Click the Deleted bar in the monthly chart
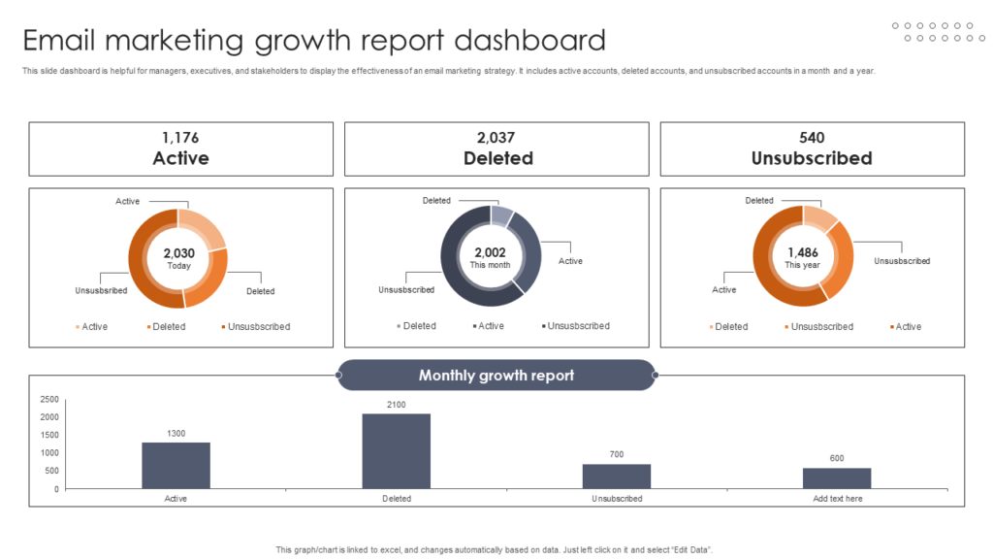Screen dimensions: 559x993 (397, 451)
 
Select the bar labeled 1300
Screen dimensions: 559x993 (176, 466)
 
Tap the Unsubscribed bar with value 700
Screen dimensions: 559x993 (617, 477)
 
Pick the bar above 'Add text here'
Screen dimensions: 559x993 (837, 478)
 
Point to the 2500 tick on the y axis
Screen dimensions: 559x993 (49, 399)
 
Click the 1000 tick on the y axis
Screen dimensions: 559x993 (49, 453)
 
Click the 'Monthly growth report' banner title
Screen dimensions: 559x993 (496, 376)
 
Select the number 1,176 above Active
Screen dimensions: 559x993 (180, 138)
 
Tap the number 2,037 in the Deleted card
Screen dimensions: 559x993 (496, 138)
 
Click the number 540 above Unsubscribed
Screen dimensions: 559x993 (812, 138)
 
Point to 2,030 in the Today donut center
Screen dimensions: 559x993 (178, 253)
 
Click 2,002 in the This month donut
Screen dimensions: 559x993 (492, 252)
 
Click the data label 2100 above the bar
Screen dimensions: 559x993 (397, 405)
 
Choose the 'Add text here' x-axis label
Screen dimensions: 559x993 (837, 499)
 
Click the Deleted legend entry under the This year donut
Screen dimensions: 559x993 (730, 327)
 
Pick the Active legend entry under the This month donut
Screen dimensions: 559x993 (491, 326)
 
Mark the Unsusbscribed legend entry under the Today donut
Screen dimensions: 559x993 (258, 327)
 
